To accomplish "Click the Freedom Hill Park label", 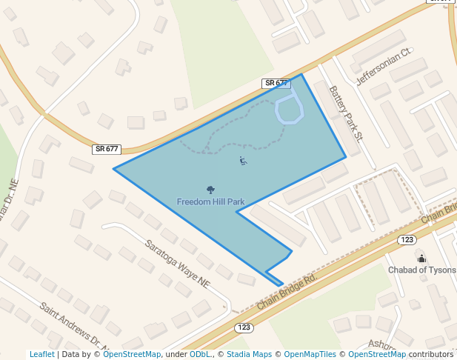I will pos(210,201).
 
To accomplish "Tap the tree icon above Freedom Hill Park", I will pos(210,190).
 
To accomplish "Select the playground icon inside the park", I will pos(244,160).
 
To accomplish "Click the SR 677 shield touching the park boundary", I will pos(276,83).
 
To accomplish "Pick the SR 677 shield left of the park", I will pos(107,149).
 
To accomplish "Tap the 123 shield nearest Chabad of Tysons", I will pos(406,239).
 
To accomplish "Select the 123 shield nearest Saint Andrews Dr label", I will pos(244,327).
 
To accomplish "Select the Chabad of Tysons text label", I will pos(422,270).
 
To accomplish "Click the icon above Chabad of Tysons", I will pos(421,258).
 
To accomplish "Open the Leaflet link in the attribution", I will pos(42,354).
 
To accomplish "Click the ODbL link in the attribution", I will pos(200,354).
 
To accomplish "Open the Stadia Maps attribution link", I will pos(249,354).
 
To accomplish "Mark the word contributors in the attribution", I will pos(430,354).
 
